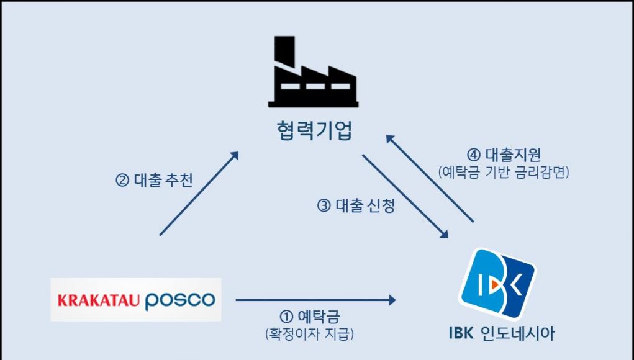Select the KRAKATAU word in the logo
[98, 301]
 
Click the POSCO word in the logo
[180, 301]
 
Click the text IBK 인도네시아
[501, 333]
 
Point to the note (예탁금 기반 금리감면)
[504, 171]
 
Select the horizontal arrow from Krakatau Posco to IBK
[315, 300]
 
